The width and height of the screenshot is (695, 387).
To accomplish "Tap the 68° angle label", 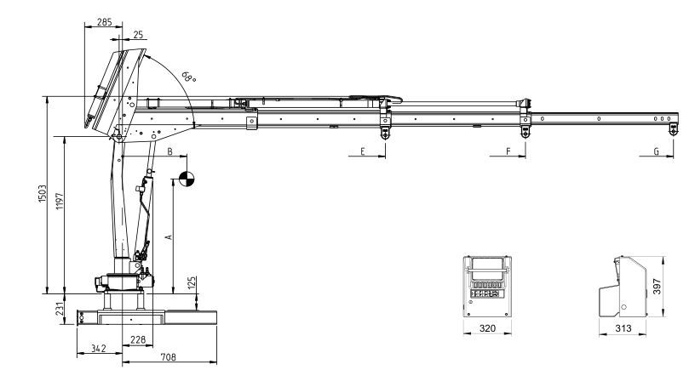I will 187,76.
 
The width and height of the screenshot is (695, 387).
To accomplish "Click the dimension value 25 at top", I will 138,35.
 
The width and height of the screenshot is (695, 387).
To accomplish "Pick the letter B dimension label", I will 170,151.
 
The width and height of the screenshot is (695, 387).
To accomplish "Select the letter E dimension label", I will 362,151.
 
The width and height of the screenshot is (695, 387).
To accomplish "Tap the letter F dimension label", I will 508,151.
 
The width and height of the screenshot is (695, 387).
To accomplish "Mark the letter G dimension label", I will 655,151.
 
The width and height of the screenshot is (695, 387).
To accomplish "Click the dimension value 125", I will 192,282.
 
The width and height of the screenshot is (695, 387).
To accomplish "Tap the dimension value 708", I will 169,358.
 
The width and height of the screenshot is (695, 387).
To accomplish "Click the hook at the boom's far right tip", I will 673,128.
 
